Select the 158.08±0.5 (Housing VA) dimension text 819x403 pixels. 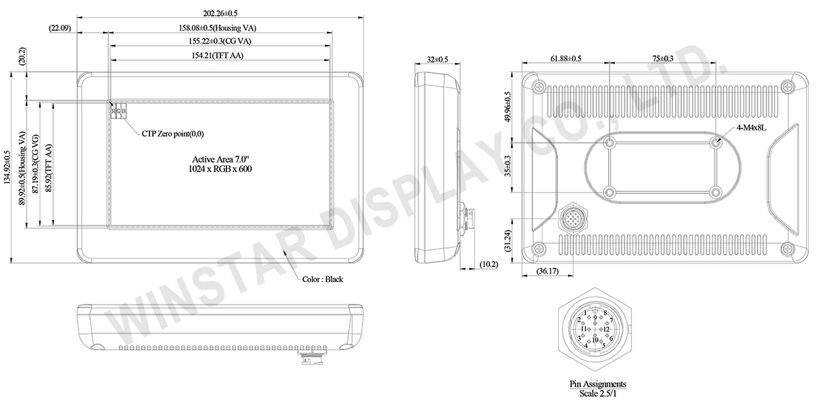point(217,28)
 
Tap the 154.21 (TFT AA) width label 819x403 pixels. point(218,55)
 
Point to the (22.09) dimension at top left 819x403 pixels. point(60,28)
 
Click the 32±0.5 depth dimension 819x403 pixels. point(437,59)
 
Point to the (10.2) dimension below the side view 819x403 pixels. point(489,264)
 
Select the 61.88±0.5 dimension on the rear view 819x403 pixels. point(566,59)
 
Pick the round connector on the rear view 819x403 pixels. point(573,220)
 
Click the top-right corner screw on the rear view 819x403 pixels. point(787,86)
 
